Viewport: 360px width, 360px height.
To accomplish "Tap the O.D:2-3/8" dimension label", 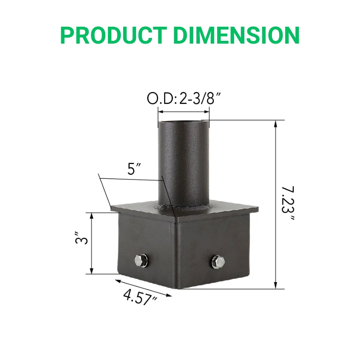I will coord(184,99).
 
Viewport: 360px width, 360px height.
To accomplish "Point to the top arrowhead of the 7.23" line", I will coord(276,123).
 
